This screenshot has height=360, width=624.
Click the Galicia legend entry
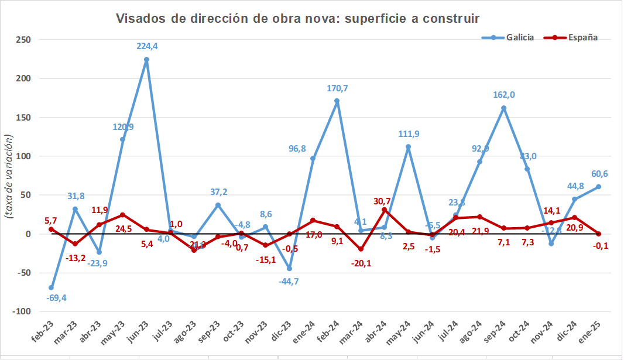519,37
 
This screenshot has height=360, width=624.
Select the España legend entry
582,37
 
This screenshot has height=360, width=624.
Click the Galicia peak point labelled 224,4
146,59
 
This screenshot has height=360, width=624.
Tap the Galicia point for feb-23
51,287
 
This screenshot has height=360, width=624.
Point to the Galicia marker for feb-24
337,101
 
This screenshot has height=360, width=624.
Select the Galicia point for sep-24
503,108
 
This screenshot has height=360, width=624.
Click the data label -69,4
56,298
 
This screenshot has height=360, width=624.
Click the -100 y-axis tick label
21,311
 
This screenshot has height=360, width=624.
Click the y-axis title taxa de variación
9,176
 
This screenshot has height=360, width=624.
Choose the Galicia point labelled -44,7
289,269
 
